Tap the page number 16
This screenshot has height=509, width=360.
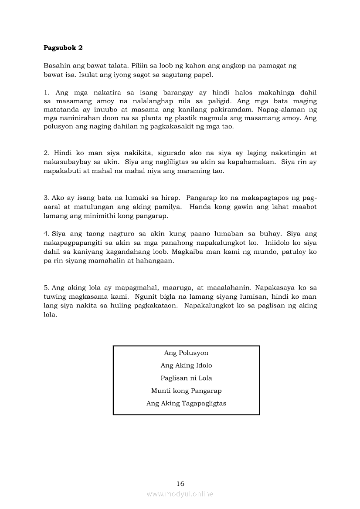pyautogui.click(x=180, y=483)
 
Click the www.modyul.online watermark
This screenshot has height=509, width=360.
pyautogui.click(x=180, y=494)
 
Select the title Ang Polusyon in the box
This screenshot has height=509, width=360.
pyautogui.click(x=186, y=353)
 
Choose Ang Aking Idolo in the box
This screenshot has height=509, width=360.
pyautogui.click(x=186, y=366)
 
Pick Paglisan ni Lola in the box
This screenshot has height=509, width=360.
pyautogui.click(x=186, y=378)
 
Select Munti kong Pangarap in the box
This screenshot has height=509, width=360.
pyautogui.click(x=186, y=391)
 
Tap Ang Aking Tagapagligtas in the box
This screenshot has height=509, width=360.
pyautogui.click(x=186, y=404)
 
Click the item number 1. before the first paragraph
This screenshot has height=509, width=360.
pyautogui.click(x=46, y=93)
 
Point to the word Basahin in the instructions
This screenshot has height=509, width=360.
pyautogui.click(x=56, y=66)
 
